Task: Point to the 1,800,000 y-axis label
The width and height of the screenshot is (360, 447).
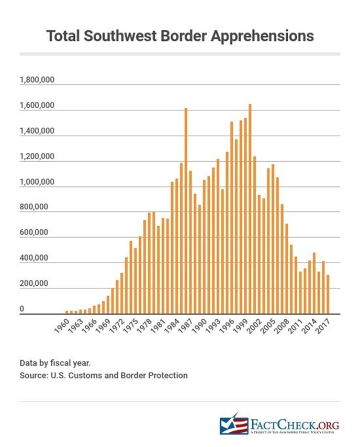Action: click(x=37, y=81)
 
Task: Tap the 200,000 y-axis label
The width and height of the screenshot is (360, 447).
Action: click(x=33, y=284)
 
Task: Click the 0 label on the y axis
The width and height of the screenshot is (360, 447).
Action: click(x=22, y=309)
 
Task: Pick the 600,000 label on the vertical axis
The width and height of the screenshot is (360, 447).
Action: click(x=33, y=233)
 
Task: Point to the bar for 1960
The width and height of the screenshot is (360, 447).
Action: click(x=66, y=312)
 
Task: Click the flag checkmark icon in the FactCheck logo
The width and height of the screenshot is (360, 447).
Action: click(x=233, y=424)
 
